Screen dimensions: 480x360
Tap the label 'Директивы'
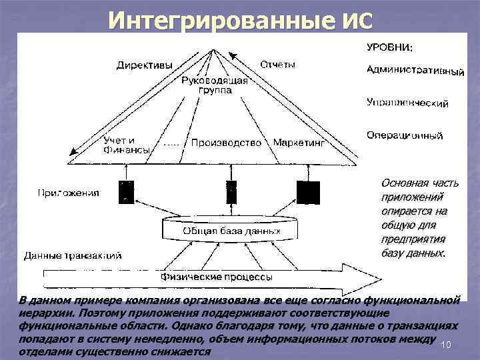click(145, 65)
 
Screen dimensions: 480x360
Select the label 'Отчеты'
click(277, 65)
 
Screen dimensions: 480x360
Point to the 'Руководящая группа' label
click(214, 85)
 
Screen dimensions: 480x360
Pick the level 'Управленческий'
click(407, 103)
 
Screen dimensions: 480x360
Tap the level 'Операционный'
click(405, 135)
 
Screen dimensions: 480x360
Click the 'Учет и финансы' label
click(126, 145)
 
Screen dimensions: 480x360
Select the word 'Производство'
click(225, 143)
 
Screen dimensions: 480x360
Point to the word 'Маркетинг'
click(299, 143)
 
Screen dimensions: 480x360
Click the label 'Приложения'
click(68, 193)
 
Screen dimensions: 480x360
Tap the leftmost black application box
click(125, 191)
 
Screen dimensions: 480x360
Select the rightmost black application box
click(308, 191)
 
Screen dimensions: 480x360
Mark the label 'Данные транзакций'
click(73, 255)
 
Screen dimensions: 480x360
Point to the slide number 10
click(447, 344)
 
